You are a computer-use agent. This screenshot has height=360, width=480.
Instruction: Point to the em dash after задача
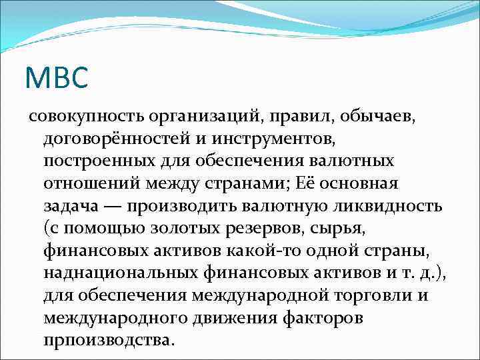click(114, 206)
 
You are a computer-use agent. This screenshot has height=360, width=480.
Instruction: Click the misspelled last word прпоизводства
click(108, 339)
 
